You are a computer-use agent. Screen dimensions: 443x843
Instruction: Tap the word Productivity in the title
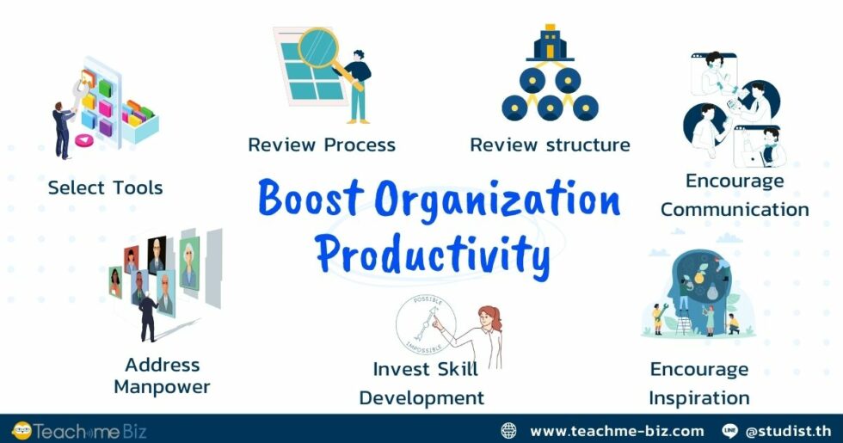pos(432,253)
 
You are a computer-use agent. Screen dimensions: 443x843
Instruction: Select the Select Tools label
pos(105,188)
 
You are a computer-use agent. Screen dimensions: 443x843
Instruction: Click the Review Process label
pos(322,145)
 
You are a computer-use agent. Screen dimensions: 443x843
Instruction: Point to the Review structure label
pos(550,145)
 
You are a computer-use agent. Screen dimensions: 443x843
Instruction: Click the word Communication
pos(735,209)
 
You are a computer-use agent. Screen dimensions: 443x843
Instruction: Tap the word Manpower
pos(162,387)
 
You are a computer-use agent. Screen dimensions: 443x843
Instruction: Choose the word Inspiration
pos(698,398)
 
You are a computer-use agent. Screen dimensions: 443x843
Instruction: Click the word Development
pos(421,398)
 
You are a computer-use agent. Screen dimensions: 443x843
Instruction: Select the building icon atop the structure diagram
pos(550,42)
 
